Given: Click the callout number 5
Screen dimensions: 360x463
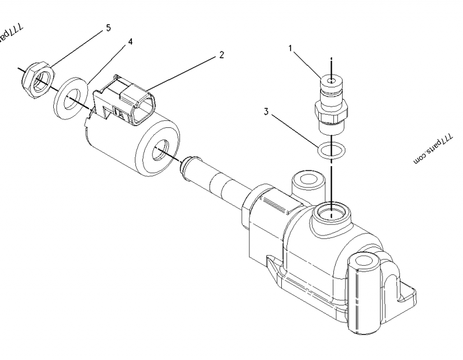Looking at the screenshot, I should [x=108, y=27].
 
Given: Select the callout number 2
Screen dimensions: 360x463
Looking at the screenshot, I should [x=221, y=55].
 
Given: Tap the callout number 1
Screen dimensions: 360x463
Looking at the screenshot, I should [x=292, y=49].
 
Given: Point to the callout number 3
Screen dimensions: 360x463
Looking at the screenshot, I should [x=266, y=111].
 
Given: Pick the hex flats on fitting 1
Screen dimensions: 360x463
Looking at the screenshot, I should [x=329, y=109].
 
